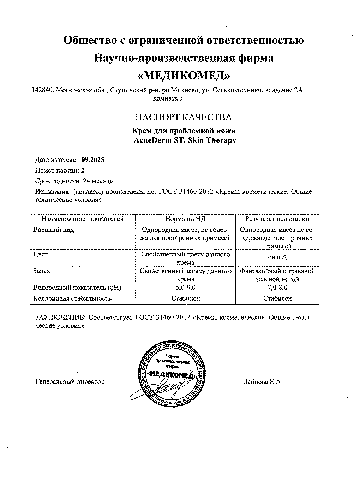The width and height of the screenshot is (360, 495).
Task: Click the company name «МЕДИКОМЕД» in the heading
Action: (x=183, y=75)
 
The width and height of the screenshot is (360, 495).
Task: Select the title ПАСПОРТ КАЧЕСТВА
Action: (x=184, y=117)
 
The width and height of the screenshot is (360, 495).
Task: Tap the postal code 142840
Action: (x=43, y=90)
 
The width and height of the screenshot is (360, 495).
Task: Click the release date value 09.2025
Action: (x=93, y=159)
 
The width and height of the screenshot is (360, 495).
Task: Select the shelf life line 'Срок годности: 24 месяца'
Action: (x=74, y=181)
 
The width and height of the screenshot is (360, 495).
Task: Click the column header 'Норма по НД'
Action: (x=185, y=219)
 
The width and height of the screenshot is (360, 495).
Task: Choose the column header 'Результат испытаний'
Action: (x=277, y=219)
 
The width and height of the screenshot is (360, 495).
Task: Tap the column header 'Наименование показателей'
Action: (x=83, y=219)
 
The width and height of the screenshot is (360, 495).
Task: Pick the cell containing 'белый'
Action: (x=277, y=257)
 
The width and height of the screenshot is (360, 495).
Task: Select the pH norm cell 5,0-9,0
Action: (x=185, y=288)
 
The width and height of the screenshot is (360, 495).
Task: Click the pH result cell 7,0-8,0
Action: (x=277, y=288)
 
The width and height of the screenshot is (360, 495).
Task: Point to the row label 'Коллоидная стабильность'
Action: (x=72, y=298)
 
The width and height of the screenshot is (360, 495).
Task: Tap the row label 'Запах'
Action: (x=42, y=271)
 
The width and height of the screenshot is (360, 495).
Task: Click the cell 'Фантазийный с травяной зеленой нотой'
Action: (x=277, y=275)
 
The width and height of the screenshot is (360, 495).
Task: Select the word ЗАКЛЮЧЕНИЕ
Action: (x=60, y=317)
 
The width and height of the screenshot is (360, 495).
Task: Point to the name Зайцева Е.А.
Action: (x=263, y=382)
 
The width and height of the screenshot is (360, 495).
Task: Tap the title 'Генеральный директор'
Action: (x=70, y=382)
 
